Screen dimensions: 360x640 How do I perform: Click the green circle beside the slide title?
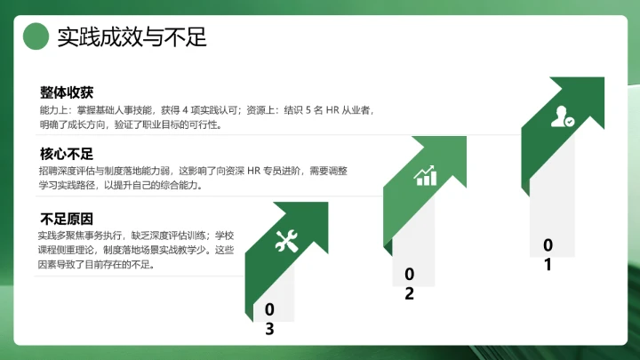click(35, 36)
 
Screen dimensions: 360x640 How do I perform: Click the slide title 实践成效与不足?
click(132, 37)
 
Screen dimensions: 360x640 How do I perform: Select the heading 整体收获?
click(67, 92)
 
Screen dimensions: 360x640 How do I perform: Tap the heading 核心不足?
click(67, 154)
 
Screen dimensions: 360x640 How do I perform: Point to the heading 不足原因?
click(67, 219)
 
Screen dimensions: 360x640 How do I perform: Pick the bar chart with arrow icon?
click(426, 175)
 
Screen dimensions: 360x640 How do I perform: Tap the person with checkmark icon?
click(562, 117)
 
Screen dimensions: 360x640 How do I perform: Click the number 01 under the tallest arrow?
click(548, 254)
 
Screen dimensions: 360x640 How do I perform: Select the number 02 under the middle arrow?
click(409, 284)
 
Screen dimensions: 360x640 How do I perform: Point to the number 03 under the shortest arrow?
click(269, 319)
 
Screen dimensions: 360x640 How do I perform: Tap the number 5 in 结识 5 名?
click(308, 110)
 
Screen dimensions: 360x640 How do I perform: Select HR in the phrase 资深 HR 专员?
click(252, 171)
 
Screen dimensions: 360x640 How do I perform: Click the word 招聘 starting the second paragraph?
click(50, 171)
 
